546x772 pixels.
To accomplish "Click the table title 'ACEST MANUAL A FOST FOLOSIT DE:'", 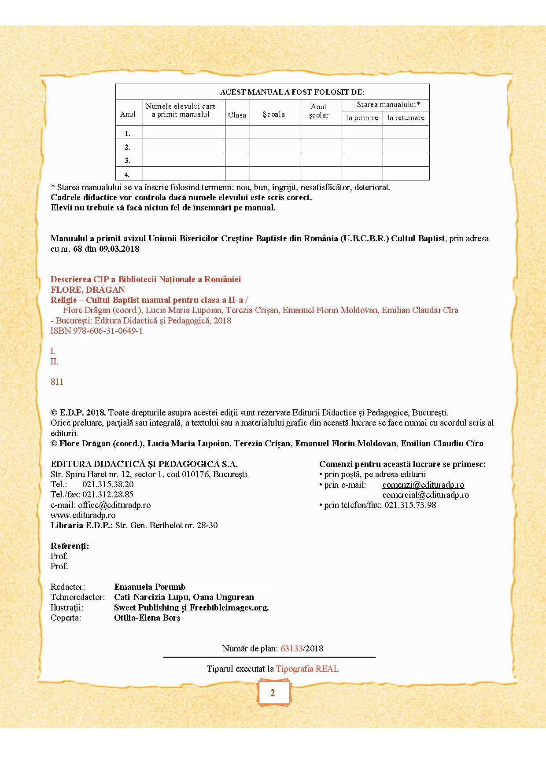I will (292, 92).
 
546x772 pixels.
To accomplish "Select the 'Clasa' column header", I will (237, 115).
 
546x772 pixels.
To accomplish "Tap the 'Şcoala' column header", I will (274, 114).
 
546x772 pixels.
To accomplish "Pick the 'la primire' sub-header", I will (362, 118).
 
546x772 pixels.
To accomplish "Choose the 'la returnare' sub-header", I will (406, 118).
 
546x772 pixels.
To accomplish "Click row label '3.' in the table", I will (127, 160).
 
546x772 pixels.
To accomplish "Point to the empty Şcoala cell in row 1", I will (275, 132).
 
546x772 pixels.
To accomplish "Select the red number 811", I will (57, 382).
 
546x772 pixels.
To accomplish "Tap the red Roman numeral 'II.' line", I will (54, 361).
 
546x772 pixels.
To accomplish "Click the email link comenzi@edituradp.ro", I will (423, 485).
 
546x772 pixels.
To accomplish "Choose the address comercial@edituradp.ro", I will (425, 495).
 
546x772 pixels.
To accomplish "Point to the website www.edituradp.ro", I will (83, 515).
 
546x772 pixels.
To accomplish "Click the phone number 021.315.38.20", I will (108, 484).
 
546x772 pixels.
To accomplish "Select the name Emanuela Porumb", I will (150, 587).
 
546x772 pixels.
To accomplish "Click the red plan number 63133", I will (291, 648).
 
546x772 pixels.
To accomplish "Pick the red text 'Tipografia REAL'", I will (307, 669).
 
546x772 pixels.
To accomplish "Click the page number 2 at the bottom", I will (273, 693).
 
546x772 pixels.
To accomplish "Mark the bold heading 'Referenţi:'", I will (70, 546).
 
